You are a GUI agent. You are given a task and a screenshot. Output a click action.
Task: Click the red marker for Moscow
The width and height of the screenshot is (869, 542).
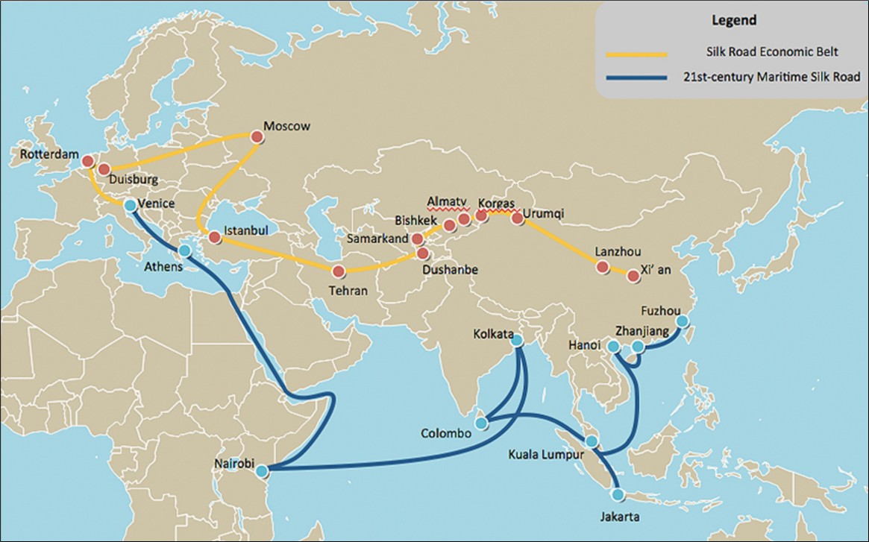(257, 136)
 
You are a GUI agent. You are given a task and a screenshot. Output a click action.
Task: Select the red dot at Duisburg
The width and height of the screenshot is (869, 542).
(104, 169)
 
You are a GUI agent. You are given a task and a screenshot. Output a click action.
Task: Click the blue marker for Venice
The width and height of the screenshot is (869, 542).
(131, 205)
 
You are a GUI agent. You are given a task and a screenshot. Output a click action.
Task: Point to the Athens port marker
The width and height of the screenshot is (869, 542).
(184, 251)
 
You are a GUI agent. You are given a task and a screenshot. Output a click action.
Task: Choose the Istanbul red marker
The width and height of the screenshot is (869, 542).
(215, 238)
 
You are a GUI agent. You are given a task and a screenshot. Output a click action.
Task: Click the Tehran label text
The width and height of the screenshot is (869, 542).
(349, 291)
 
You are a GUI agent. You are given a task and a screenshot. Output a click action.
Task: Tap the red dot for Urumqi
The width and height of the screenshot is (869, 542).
(517, 218)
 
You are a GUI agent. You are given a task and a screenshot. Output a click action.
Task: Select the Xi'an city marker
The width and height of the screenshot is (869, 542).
(633, 276)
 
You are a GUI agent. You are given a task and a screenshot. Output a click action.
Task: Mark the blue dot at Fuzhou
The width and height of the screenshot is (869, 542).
(682, 321)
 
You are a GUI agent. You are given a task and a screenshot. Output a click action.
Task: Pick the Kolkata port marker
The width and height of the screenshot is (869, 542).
(515, 341)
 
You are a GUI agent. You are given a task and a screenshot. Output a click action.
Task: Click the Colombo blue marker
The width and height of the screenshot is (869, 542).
(482, 423)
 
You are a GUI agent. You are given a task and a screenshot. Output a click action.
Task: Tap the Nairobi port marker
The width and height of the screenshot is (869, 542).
(261, 471)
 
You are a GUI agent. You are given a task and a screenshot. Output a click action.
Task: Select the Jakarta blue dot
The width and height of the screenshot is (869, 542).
(617, 494)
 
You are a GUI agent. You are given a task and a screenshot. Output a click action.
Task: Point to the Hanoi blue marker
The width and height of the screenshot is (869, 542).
(613, 347)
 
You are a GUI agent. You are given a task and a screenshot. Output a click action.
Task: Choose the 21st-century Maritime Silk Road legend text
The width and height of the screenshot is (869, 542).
(771, 76)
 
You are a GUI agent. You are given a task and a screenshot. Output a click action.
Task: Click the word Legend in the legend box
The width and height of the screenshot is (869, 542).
(735, 20)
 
